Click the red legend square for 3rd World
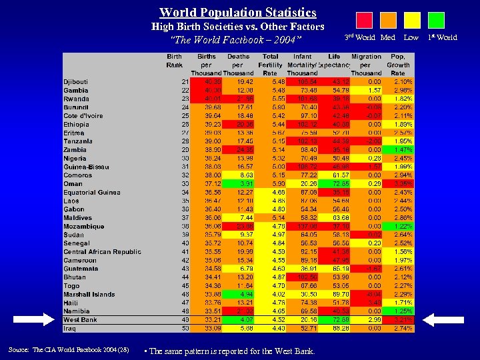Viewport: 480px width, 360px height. coord(364,20)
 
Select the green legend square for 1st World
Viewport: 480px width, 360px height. coord(436,20)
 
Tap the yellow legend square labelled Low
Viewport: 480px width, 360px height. coord(413,20)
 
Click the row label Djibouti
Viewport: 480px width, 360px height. coord(75,81)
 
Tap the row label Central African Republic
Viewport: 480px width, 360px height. coord(102,251)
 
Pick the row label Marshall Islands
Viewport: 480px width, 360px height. coord(89,294)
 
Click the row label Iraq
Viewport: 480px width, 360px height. coord(70,328)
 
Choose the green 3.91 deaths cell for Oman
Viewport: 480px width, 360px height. coord(239,183)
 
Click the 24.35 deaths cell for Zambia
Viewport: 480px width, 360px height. coord(239,149)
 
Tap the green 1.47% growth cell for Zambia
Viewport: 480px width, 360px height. coord(399,149)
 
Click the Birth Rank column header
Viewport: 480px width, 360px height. coord(174,61)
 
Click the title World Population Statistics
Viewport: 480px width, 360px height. coord(237,13)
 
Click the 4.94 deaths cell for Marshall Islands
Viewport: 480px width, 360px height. coord(239,294)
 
